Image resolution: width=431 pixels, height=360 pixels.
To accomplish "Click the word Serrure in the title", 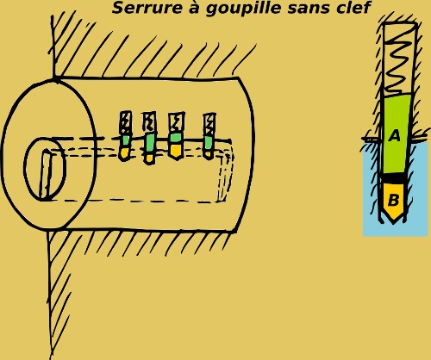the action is coord(147,8).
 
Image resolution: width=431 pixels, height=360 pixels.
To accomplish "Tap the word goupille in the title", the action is coord(243,9).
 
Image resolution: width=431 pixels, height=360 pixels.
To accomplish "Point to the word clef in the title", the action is coord(353,8).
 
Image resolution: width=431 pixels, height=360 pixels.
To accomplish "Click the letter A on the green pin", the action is coord(395,135).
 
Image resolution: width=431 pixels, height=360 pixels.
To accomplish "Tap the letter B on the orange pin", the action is coord(393,200).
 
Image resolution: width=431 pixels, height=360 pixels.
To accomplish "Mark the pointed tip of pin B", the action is coord(393,223).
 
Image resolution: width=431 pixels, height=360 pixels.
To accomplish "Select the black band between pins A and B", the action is coord(395,178).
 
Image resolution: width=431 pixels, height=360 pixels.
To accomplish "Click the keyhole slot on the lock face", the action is coord(47,174).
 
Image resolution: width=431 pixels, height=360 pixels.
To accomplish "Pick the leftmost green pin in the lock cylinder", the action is coord(125,140).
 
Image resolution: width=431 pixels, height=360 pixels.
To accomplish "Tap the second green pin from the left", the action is coord(150,143).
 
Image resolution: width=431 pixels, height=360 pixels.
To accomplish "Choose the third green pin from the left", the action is coord(176,138).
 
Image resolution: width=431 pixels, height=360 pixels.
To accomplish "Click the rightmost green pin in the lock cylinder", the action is coord(209,143).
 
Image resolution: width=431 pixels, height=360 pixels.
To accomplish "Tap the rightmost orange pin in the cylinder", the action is coord(208,154).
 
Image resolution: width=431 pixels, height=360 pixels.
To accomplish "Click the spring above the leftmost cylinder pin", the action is coord(126,123).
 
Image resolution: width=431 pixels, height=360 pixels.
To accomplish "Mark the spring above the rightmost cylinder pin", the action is coord(209,125).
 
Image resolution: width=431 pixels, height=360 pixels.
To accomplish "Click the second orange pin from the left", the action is coord(149,158).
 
